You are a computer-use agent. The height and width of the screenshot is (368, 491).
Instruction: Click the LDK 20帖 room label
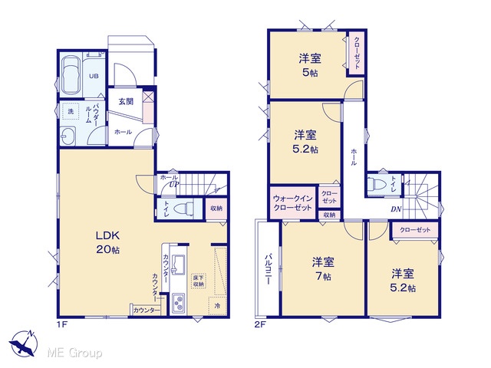[107, 242]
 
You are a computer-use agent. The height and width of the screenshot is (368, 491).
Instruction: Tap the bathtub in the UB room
[71, 75]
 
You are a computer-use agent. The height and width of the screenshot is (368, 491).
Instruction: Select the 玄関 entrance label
[126, 101]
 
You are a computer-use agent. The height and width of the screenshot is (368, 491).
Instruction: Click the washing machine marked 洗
[71, 111]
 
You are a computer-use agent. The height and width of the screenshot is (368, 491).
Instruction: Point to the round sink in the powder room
[68, 136]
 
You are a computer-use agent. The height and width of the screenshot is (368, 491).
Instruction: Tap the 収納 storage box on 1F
[216, 209]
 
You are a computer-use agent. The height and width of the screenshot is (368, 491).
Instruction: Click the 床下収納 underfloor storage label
[198, 281]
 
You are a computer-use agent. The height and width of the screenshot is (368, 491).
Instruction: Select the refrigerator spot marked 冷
[217, 306]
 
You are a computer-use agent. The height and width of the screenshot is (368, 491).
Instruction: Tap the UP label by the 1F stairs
[174, 184]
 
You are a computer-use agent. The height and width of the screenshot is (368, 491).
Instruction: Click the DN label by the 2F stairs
[396, 209]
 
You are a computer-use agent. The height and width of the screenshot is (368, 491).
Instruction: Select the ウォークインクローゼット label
[292, 202]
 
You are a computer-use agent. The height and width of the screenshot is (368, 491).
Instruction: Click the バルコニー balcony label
[268, 269]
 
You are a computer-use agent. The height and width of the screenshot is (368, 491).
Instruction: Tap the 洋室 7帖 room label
[322, 269]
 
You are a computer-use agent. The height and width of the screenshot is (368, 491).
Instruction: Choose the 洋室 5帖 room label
[310, 65]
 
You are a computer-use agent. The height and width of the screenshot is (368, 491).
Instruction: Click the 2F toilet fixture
[378, 184]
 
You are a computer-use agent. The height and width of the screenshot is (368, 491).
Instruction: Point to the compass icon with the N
[24, 343]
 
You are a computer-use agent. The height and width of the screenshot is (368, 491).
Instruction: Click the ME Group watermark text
[74, 353]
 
